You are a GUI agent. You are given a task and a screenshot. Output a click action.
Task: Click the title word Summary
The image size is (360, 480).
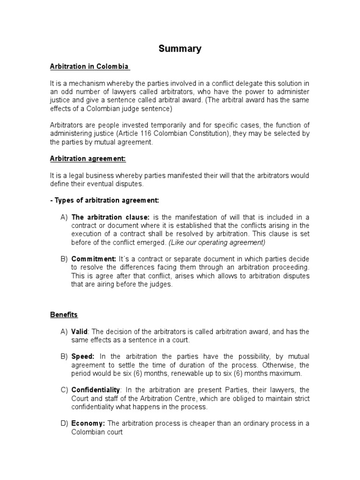click(180, 49)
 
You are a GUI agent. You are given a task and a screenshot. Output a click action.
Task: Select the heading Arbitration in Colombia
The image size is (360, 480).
click(89, 67)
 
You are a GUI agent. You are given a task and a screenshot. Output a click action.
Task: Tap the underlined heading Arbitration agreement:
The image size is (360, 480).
click(88, 158)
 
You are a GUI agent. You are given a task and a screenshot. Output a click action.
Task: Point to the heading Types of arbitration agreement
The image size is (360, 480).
click(106, 201)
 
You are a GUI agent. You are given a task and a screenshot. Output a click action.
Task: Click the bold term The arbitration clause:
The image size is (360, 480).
click(110, 217)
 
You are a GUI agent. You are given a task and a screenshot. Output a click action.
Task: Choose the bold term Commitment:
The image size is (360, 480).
click(94, 259)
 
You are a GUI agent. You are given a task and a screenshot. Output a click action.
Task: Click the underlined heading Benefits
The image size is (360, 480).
click(64, 315)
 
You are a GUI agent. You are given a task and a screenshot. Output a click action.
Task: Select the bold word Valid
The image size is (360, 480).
click(80, 332)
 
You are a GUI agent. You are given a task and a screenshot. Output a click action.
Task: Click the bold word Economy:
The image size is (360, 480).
click(89, 423)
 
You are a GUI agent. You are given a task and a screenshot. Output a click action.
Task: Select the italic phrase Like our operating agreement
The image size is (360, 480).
click(217, 242)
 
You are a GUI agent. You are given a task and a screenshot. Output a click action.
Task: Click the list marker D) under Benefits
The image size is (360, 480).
click(64, 423)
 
